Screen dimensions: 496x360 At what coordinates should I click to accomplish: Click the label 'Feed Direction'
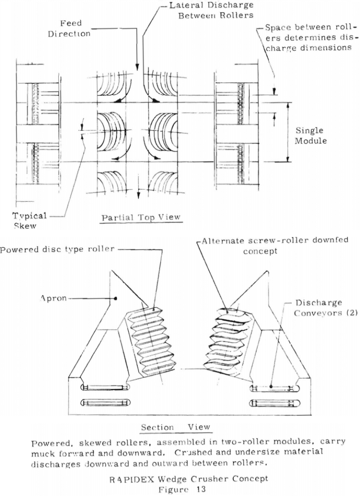tap(77, 28)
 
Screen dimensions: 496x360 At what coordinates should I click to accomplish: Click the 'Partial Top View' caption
tap(141, 217)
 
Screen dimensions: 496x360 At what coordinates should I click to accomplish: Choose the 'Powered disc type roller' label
tap(57, 249)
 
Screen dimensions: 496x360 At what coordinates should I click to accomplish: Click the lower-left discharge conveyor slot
tap(103, 402)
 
